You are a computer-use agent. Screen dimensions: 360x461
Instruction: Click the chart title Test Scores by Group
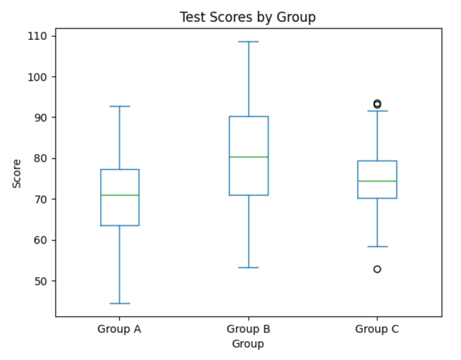[247, 17]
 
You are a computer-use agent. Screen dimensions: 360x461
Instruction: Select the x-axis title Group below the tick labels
[248, 344]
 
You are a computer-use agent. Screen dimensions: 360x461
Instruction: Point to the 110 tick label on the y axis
[37, 36]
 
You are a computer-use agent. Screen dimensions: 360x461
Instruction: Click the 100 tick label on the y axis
[37, 77]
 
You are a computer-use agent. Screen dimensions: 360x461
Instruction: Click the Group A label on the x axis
[119, 329]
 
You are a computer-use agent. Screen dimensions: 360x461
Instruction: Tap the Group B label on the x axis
[248, 329]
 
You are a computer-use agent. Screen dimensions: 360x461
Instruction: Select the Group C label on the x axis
[377, 329]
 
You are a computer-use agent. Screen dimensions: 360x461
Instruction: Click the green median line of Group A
[120, 195]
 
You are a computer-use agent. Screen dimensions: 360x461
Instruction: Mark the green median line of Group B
[248, 157]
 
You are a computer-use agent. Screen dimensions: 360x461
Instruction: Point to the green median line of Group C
[377, 181]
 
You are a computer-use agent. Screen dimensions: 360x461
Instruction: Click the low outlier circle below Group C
[377, 269]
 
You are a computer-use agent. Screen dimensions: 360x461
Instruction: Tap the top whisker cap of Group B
[248, 41]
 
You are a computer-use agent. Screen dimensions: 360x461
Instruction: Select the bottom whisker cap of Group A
[120, 304]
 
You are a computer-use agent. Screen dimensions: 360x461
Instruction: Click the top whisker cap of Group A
[120, 106]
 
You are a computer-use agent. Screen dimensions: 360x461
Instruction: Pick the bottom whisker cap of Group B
[248, 268]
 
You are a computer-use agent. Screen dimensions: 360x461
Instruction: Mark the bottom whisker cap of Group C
[377, 247]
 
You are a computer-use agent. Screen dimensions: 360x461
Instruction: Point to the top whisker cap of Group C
[377, 111]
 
